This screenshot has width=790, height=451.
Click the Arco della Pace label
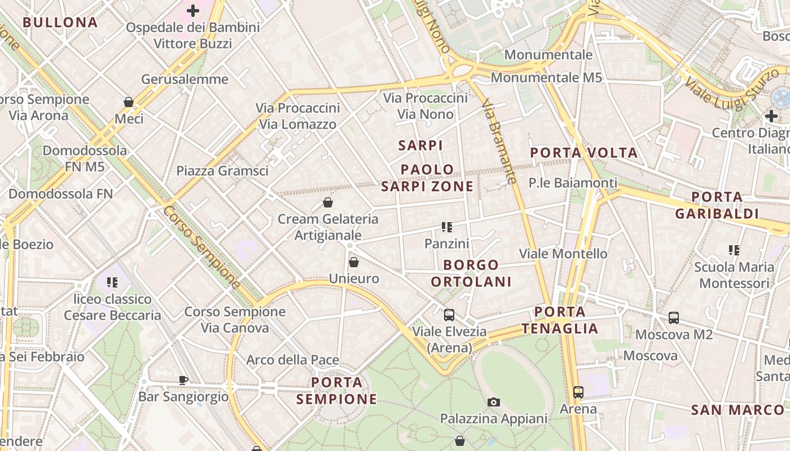(293, 360)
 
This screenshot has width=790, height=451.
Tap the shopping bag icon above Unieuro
(354, 262)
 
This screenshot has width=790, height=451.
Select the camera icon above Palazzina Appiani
(494, 402)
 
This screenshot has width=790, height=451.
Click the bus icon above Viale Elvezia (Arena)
(449, 315)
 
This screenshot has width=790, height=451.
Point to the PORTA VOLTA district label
(584, 153)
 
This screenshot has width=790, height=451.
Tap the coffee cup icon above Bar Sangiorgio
(183, 380)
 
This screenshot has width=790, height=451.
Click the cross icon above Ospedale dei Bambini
(193, 11)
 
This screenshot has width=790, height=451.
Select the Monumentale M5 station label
(546, 78)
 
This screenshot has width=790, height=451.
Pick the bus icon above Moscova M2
(674, 318)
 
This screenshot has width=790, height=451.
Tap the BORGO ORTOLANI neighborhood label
(471, 273)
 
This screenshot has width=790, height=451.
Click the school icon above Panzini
(447, 227)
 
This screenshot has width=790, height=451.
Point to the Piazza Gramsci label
(222, 171)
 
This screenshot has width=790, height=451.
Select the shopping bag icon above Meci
(129, 102)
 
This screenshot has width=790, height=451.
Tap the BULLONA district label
(60, 23)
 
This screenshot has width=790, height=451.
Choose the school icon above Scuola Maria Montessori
(734, 250)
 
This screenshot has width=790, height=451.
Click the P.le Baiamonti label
(573, 183)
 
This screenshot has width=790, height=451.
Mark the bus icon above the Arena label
(578, 392)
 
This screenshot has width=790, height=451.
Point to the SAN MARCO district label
(738, 410)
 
